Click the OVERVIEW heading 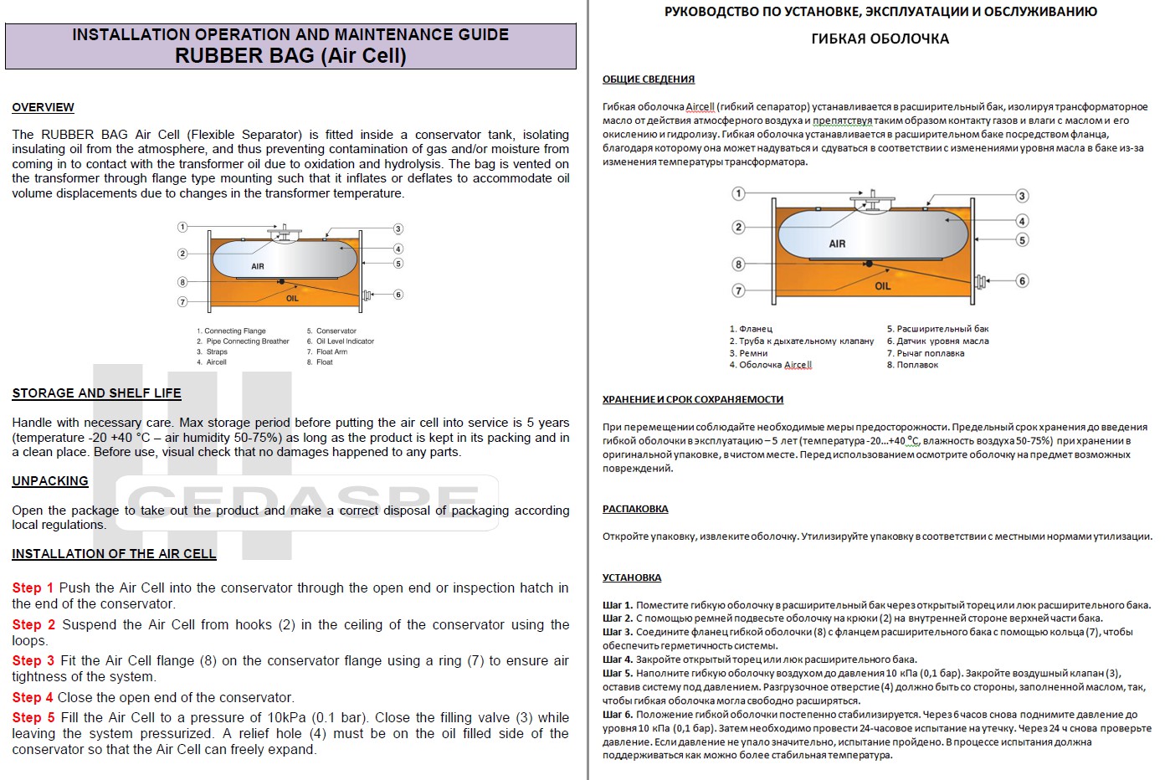click(x=43, y=107)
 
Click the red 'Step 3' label click(x=33, y=661)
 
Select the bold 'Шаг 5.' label click(x=618, y=673)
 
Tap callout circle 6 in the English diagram click(x=398, y=295)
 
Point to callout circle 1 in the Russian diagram click(x=738, y=194)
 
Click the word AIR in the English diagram click(x=258, y=266)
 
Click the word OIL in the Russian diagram click(x=883, y=285)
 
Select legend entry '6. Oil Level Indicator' click(x=340, y=341)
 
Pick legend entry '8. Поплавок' click(x=912, y=365)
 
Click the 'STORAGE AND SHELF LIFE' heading click(x=96, y=393)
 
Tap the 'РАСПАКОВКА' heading click(x=635, y=509)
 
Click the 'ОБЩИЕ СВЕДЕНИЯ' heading click(x=649, y=80)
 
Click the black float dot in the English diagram click(x=281, y=281)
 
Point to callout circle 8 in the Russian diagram click(x=738, y=264)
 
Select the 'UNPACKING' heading click(x=50, y=481)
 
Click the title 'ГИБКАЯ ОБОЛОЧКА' click(x=880, y=38)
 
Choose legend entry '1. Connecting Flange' click(x=231, y=331)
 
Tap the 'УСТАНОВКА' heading click(x=632, y=577)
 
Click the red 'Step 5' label click(x=33, y=718)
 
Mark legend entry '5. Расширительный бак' click(x=937, y=329)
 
